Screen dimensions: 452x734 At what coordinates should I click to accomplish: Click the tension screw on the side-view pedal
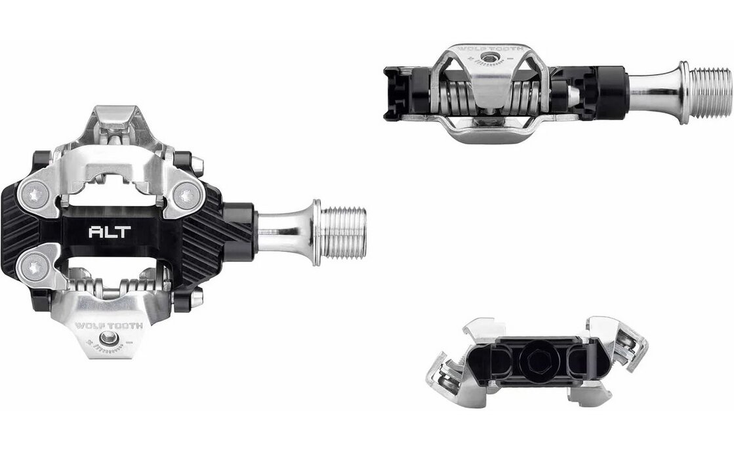point(489,60)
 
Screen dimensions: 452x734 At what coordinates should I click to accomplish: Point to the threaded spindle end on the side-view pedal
point(708,92)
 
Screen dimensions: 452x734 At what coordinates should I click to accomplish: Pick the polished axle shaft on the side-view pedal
point(653,92)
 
